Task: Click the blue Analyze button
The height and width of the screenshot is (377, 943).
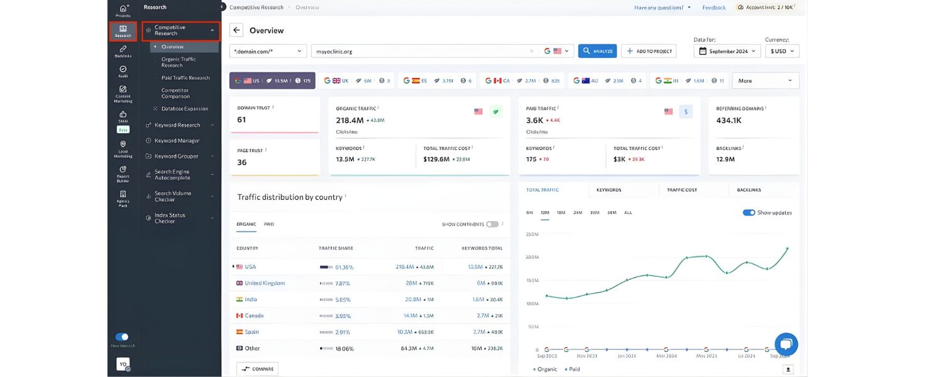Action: tap(597, 51)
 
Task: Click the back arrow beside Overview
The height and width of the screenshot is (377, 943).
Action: tap(236, 30)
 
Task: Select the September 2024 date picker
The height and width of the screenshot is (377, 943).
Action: tap(727, 52)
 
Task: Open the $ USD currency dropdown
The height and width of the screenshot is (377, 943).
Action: tap(782, 52)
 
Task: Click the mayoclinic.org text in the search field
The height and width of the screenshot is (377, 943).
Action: tap(334, 52)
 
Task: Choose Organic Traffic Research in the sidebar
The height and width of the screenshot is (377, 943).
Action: tap(179, 62)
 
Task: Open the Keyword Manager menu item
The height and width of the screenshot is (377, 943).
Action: tap(177, 141)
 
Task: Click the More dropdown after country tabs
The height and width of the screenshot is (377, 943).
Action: tap(764, 80)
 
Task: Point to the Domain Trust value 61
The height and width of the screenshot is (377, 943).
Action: tap(241, 119)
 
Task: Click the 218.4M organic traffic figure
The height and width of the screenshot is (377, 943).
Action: tap(350, 120)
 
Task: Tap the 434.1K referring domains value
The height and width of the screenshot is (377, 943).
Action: tap(729, 120)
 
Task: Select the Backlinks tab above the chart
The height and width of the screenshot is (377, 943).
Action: tap(744, 190)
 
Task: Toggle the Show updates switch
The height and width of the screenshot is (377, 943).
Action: tap(749, 212)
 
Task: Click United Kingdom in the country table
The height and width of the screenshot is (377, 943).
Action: tap(265, 283)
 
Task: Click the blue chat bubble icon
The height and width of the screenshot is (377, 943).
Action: tap(786, 344)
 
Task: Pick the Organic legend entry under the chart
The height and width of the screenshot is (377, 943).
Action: tap(546, 369)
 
